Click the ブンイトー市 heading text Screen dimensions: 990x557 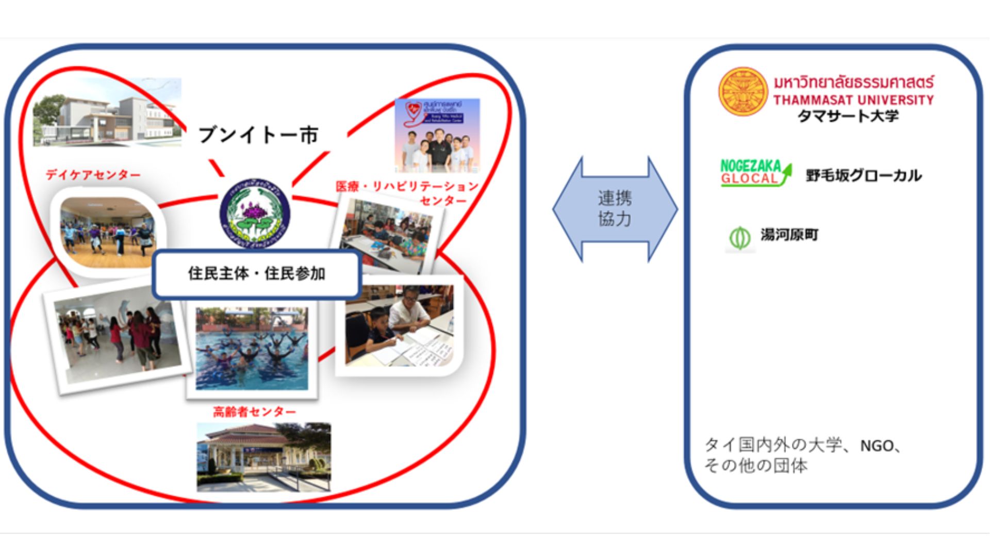tap(258, 135)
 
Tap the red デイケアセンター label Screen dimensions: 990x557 tap(93, 175)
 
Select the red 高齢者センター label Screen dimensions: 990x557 tap(255, 412)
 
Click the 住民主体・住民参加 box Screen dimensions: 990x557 tap(256, 274)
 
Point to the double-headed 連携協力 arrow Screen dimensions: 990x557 tap(615, 209)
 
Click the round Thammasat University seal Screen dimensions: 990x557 tap(742, 92)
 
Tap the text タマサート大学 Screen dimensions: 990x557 tap(848, 116)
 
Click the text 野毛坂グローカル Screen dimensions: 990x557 tap(863, 176)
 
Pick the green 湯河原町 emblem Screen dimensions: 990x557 tap(740, 238)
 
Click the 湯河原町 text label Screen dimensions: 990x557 tap(789, 235)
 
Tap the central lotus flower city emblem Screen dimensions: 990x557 tap(255, 214)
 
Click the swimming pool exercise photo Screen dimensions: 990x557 tap(252, 348)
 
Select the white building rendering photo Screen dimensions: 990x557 tap(107, 112)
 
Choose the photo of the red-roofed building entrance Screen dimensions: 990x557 tap(263, 457)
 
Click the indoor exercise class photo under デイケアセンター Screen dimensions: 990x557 tap(107, 232)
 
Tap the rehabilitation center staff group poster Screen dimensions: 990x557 tap(437, 135)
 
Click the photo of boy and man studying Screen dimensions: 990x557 tap(399, 326)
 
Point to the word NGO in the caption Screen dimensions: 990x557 tap(877, 446)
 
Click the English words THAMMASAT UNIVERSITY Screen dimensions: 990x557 tap(853, 100)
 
